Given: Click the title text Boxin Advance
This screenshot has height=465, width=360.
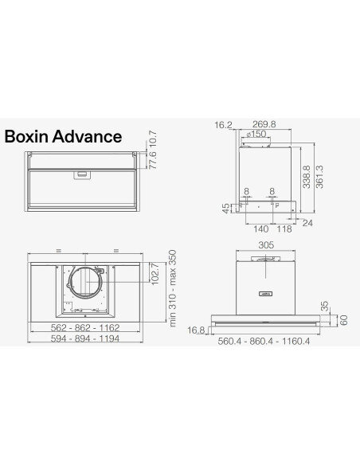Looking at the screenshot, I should [x=63, y=136].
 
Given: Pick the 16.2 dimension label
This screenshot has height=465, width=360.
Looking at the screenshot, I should [x=223, y=124].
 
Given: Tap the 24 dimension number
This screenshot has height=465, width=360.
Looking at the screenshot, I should [x=307, y=222].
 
